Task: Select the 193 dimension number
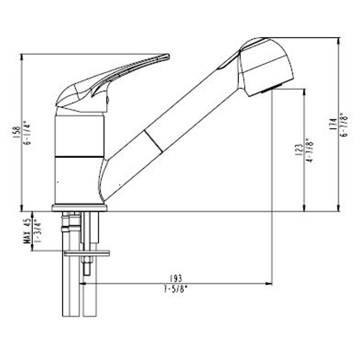177,278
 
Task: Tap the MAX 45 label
27,231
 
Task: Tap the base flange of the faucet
79,208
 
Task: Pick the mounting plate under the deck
87,254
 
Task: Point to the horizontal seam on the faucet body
79,156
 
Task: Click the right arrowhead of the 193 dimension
270,283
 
